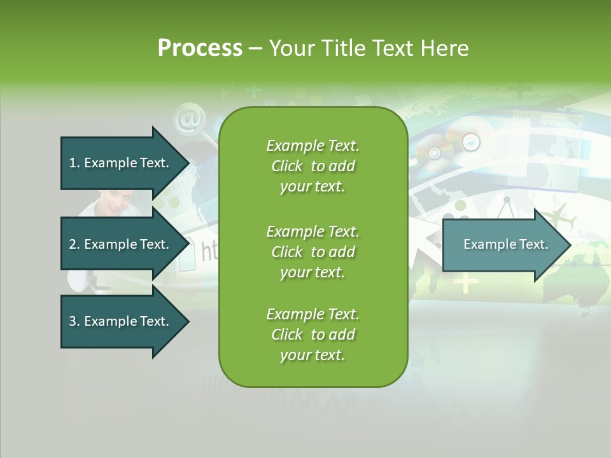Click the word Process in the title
pos(200,48)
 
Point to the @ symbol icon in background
pos(187,120)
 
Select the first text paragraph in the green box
pos(313,166)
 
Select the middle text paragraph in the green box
pos(313,252)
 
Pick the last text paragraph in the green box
pos(313,335)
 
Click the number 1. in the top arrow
pos(74,163)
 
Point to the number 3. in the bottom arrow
pos(74,321)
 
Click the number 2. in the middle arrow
pos(74,244)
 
